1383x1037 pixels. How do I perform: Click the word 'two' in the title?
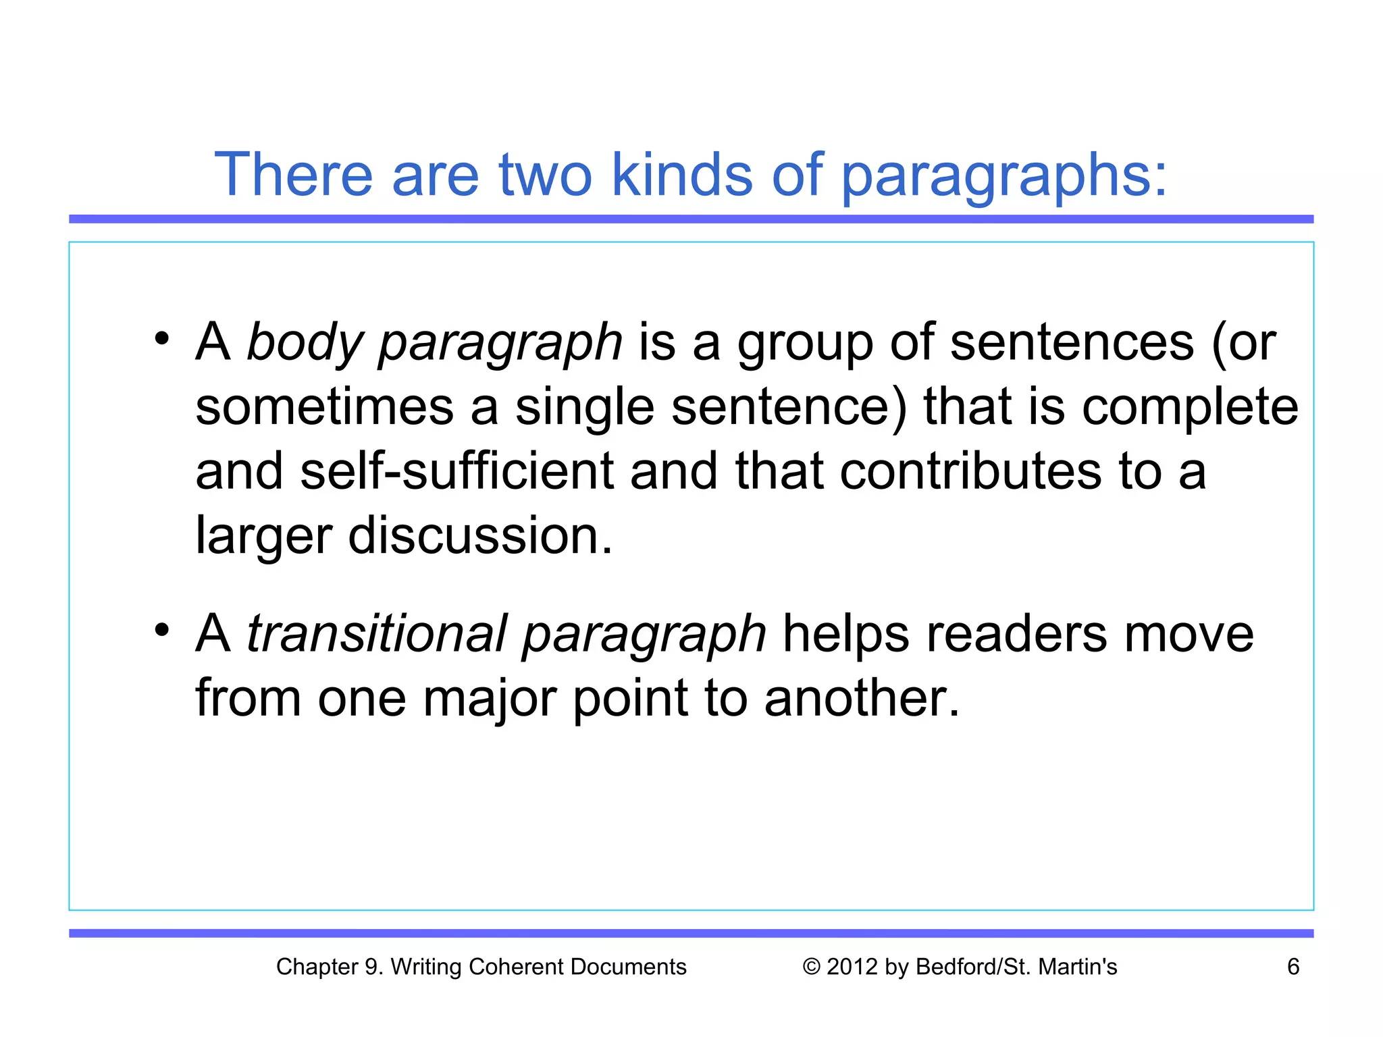(x=545, y=175)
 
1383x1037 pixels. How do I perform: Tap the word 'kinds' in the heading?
(x=681, y=175)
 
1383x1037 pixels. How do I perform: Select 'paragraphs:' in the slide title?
(x=1004, y=177)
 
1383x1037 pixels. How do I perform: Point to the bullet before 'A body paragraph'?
(x=161, y=338)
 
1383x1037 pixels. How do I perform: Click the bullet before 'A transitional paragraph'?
(x=161, y=630)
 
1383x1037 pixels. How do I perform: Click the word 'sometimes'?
(x=325, y=407)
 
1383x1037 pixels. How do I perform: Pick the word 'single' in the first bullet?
(x=585, y=408)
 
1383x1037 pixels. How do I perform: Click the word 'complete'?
(x=1190, y=408)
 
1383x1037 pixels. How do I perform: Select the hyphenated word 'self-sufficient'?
(x=456, y=471)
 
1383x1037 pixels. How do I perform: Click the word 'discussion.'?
(x=480, y=535)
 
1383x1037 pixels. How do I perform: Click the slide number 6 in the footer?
(x=1293, y=967)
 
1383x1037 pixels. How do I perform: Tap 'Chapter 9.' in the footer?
(x=330, y=967)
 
